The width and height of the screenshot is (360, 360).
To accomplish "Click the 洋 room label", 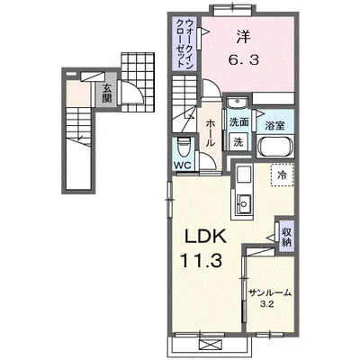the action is tap(243, 37).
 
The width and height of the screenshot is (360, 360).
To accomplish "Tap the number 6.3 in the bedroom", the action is tap(244, 61).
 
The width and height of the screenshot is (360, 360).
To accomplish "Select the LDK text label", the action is tap(205, 237).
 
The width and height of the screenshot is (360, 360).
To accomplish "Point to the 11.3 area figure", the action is tap(201, 260).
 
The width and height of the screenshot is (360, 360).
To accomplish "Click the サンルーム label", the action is tap(270, 292).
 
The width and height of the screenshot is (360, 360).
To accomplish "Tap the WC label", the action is tap(183, 166).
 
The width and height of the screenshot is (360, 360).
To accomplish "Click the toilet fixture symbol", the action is tap(184, 148).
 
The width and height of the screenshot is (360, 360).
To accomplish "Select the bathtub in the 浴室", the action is tap(275, 147).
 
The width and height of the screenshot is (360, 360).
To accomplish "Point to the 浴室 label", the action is tap(274, 126).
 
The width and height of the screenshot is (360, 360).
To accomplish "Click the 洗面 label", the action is tap(238, 122).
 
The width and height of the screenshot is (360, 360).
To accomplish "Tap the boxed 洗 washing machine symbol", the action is tap(238, 140).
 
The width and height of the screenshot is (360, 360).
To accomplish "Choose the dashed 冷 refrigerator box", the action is tap(282, 175).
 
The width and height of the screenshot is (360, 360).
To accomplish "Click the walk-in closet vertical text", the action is tap(184, 43).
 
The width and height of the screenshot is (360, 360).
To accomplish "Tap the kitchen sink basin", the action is tap(244, 204).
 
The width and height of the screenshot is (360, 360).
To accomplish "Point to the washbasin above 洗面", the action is tap(237, 103).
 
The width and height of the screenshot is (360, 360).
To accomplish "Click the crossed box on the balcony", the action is tap(212, 344).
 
